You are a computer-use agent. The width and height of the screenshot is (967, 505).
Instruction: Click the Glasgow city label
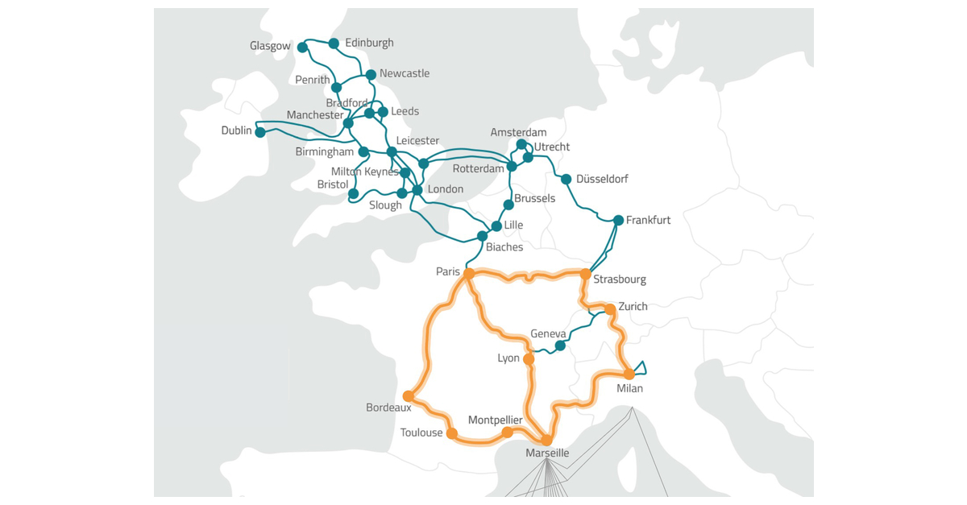click(270, 46)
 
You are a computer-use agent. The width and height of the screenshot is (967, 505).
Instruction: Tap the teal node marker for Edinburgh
click(334, 43)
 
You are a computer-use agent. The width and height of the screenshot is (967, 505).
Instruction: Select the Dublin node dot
click(260, 132)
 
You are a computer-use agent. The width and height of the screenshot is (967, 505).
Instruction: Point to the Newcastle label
click(405, 73)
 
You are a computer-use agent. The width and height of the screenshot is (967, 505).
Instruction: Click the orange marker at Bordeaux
click(409, 396)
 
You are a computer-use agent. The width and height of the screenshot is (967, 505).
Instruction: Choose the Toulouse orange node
click(452, 433)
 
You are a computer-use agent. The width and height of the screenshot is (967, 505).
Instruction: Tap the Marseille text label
click(547, 453)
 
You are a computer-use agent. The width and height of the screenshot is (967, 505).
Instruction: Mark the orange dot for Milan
click(629, 374)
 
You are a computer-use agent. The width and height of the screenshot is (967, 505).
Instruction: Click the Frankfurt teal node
click(618, 220)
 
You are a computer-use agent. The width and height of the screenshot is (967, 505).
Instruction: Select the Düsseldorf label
click(602, 179)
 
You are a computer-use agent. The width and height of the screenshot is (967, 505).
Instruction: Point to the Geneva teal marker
click(559, 347)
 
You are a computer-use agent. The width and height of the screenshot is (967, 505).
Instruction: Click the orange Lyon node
click(529, 359)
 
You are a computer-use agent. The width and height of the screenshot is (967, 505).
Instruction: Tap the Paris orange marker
click(469, 274)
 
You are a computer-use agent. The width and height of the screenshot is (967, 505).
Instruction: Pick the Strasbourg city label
click(620, 279)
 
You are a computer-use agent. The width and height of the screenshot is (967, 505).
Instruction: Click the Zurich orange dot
click(610, 309)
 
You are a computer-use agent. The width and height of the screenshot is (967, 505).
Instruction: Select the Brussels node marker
click(508, 205)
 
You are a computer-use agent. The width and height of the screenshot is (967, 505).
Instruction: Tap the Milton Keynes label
click(365, 172)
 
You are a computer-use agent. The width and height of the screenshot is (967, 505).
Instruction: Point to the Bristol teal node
click(353, 193)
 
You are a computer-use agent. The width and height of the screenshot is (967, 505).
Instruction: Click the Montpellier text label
click(496, 420)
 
